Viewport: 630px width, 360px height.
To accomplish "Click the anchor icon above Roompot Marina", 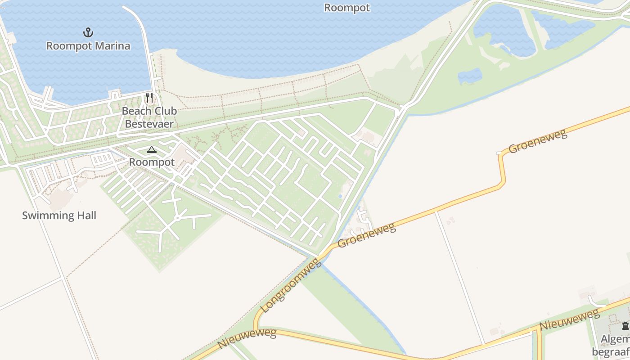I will pos(88,32).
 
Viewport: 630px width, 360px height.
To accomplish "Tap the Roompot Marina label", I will pos(88,46).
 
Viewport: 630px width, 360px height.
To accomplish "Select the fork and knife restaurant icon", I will pos(149,98).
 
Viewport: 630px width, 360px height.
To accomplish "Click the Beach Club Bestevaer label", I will pos(149,117).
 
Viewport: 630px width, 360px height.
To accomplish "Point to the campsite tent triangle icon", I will pos(152,150).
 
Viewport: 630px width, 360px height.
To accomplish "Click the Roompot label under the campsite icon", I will pos(152,162).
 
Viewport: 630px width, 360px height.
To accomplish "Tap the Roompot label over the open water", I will pos(347,8).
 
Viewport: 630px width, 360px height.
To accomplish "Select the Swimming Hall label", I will pos(59,216).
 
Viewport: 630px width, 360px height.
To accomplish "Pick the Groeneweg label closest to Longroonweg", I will pos(366,235).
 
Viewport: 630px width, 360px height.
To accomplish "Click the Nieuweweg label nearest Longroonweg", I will pos(247,339).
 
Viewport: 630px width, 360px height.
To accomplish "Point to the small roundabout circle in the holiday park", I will pos(177,218).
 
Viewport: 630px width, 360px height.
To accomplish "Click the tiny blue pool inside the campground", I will pos(340,196).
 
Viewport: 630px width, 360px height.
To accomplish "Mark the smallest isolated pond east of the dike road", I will pos(470,76).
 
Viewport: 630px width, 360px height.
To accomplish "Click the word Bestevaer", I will pos(149,124).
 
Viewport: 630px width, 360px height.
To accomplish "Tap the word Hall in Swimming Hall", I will pos(86,216).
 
